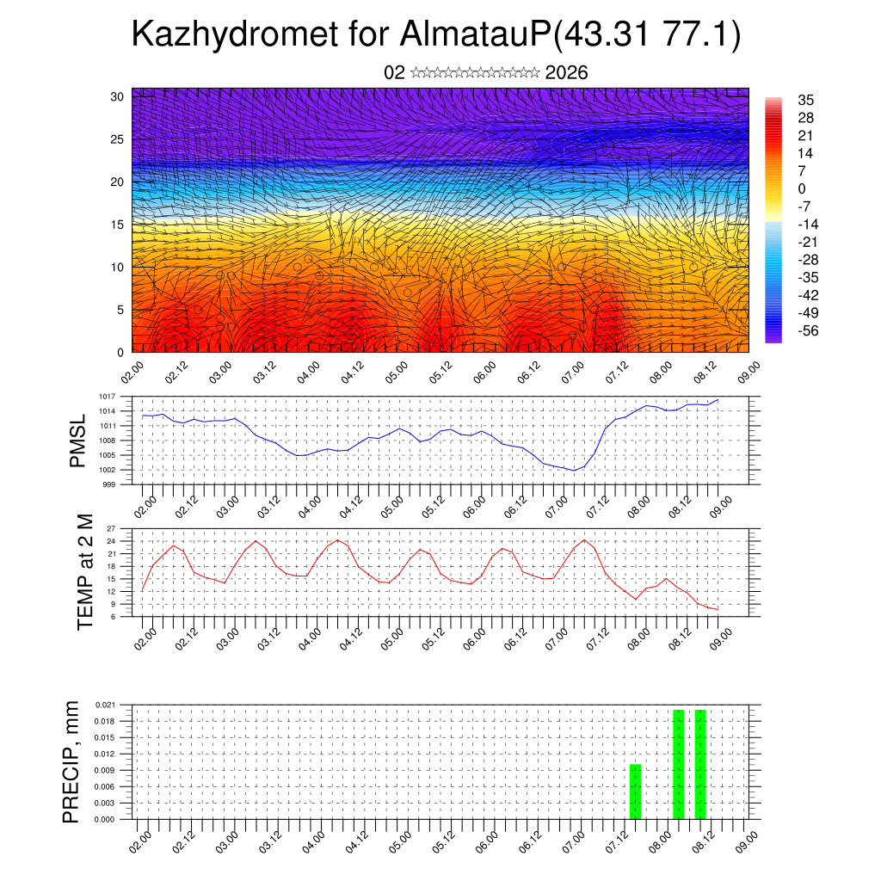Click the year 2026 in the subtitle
pos(566,73)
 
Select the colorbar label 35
pos(806,101)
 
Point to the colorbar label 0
pos(802,188)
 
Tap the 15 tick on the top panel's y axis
pos(118,225)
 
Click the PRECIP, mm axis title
pos(71,761)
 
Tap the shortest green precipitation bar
pos(635,792)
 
